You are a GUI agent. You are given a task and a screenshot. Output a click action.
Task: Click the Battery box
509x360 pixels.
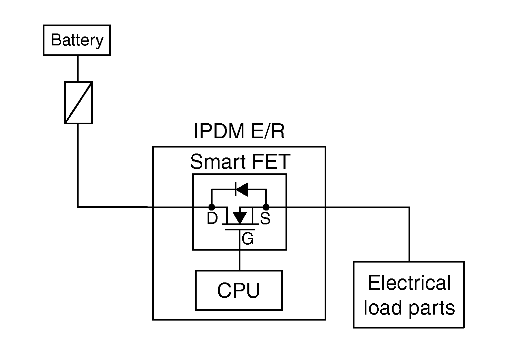click(77, 40)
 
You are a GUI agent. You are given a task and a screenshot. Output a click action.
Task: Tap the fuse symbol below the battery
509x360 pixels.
click(78, 102)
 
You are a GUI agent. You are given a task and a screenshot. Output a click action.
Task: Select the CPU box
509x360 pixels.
click(239, 290)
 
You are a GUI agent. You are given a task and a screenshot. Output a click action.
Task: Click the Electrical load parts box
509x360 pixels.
click(409, 294)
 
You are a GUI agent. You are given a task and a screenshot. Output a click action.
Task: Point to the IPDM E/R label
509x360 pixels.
click(239, 131)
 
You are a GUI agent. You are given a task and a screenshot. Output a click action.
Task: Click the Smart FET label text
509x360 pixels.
click(240, 162)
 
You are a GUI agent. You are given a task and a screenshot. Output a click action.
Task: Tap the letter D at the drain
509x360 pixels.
click(212, 219)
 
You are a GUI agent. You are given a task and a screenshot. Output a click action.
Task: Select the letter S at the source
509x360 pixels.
click(265, 219)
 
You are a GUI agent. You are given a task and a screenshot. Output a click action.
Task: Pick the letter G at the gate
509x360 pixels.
click(248, 239)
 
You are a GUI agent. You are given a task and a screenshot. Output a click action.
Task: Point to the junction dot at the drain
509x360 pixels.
click(212, 207)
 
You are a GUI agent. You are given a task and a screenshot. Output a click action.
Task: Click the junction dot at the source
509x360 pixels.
click(266, 207)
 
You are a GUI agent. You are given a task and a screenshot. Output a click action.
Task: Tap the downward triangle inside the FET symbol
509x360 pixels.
click(240, 217)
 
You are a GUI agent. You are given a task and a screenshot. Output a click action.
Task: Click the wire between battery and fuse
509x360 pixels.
click(78, 68)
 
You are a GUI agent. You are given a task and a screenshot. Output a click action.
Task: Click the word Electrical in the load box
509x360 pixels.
click(409, 283)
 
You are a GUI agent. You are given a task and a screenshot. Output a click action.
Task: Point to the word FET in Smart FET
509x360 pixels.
click(271, 162)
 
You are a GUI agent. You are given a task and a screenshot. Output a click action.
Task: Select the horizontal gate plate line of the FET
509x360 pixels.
click(240, 229)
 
